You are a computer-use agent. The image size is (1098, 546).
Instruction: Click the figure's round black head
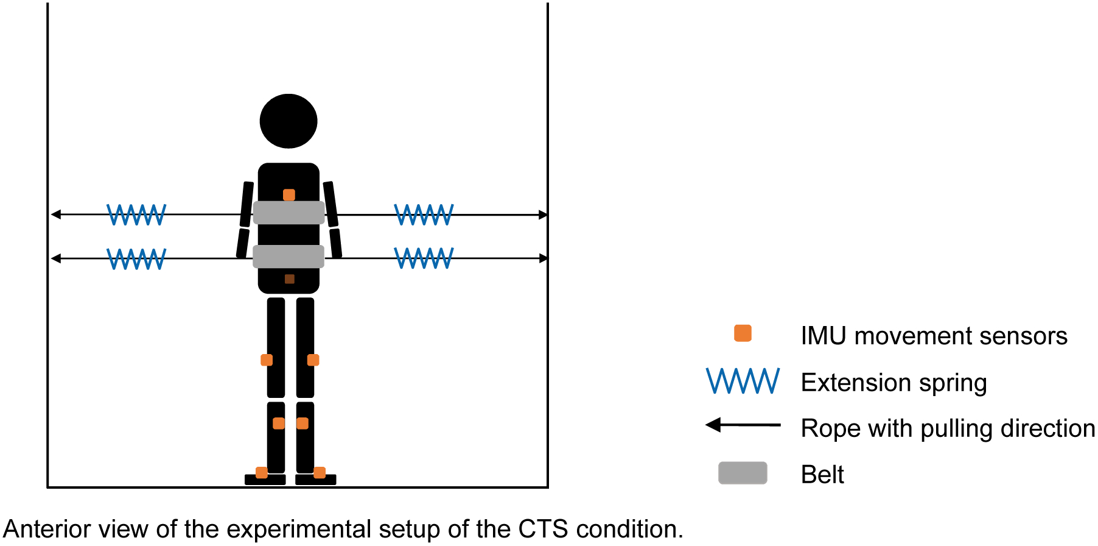[x=288, y=121]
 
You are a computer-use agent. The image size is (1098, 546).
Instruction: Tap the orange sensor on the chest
[x=289, y=195]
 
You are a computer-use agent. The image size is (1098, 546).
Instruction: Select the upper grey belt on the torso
[x=288, y=213]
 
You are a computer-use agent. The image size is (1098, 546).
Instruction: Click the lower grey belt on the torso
[x=288, y=257]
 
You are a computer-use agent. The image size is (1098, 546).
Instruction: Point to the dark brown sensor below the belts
[x=290, y=279]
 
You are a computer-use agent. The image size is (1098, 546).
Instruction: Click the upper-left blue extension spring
[x=136, y=214]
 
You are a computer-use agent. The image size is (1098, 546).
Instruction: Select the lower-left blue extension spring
[x=136, y=258]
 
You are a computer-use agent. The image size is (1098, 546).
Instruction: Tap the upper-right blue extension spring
[x=424, y=214]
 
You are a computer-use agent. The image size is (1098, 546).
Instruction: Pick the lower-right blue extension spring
[x=424, y=258]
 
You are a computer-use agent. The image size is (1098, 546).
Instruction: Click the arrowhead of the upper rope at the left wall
[x=56, y=214]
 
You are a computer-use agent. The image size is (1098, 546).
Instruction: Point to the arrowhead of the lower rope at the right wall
[x=543, y=258]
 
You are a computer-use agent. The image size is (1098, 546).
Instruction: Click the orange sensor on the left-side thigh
[x=267, y=360]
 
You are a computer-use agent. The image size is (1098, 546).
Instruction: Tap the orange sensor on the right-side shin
[x=302, y=424]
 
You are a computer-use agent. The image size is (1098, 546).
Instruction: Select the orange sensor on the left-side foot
[x=261, y=472]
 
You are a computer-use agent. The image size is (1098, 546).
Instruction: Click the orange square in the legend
[x=743, y=333]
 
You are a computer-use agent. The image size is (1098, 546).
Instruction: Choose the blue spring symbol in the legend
[x=743, y=381]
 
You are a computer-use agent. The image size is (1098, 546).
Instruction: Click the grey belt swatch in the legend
[x=743, y=473]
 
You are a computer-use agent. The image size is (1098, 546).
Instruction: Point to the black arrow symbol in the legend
[x=743, y=425]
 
